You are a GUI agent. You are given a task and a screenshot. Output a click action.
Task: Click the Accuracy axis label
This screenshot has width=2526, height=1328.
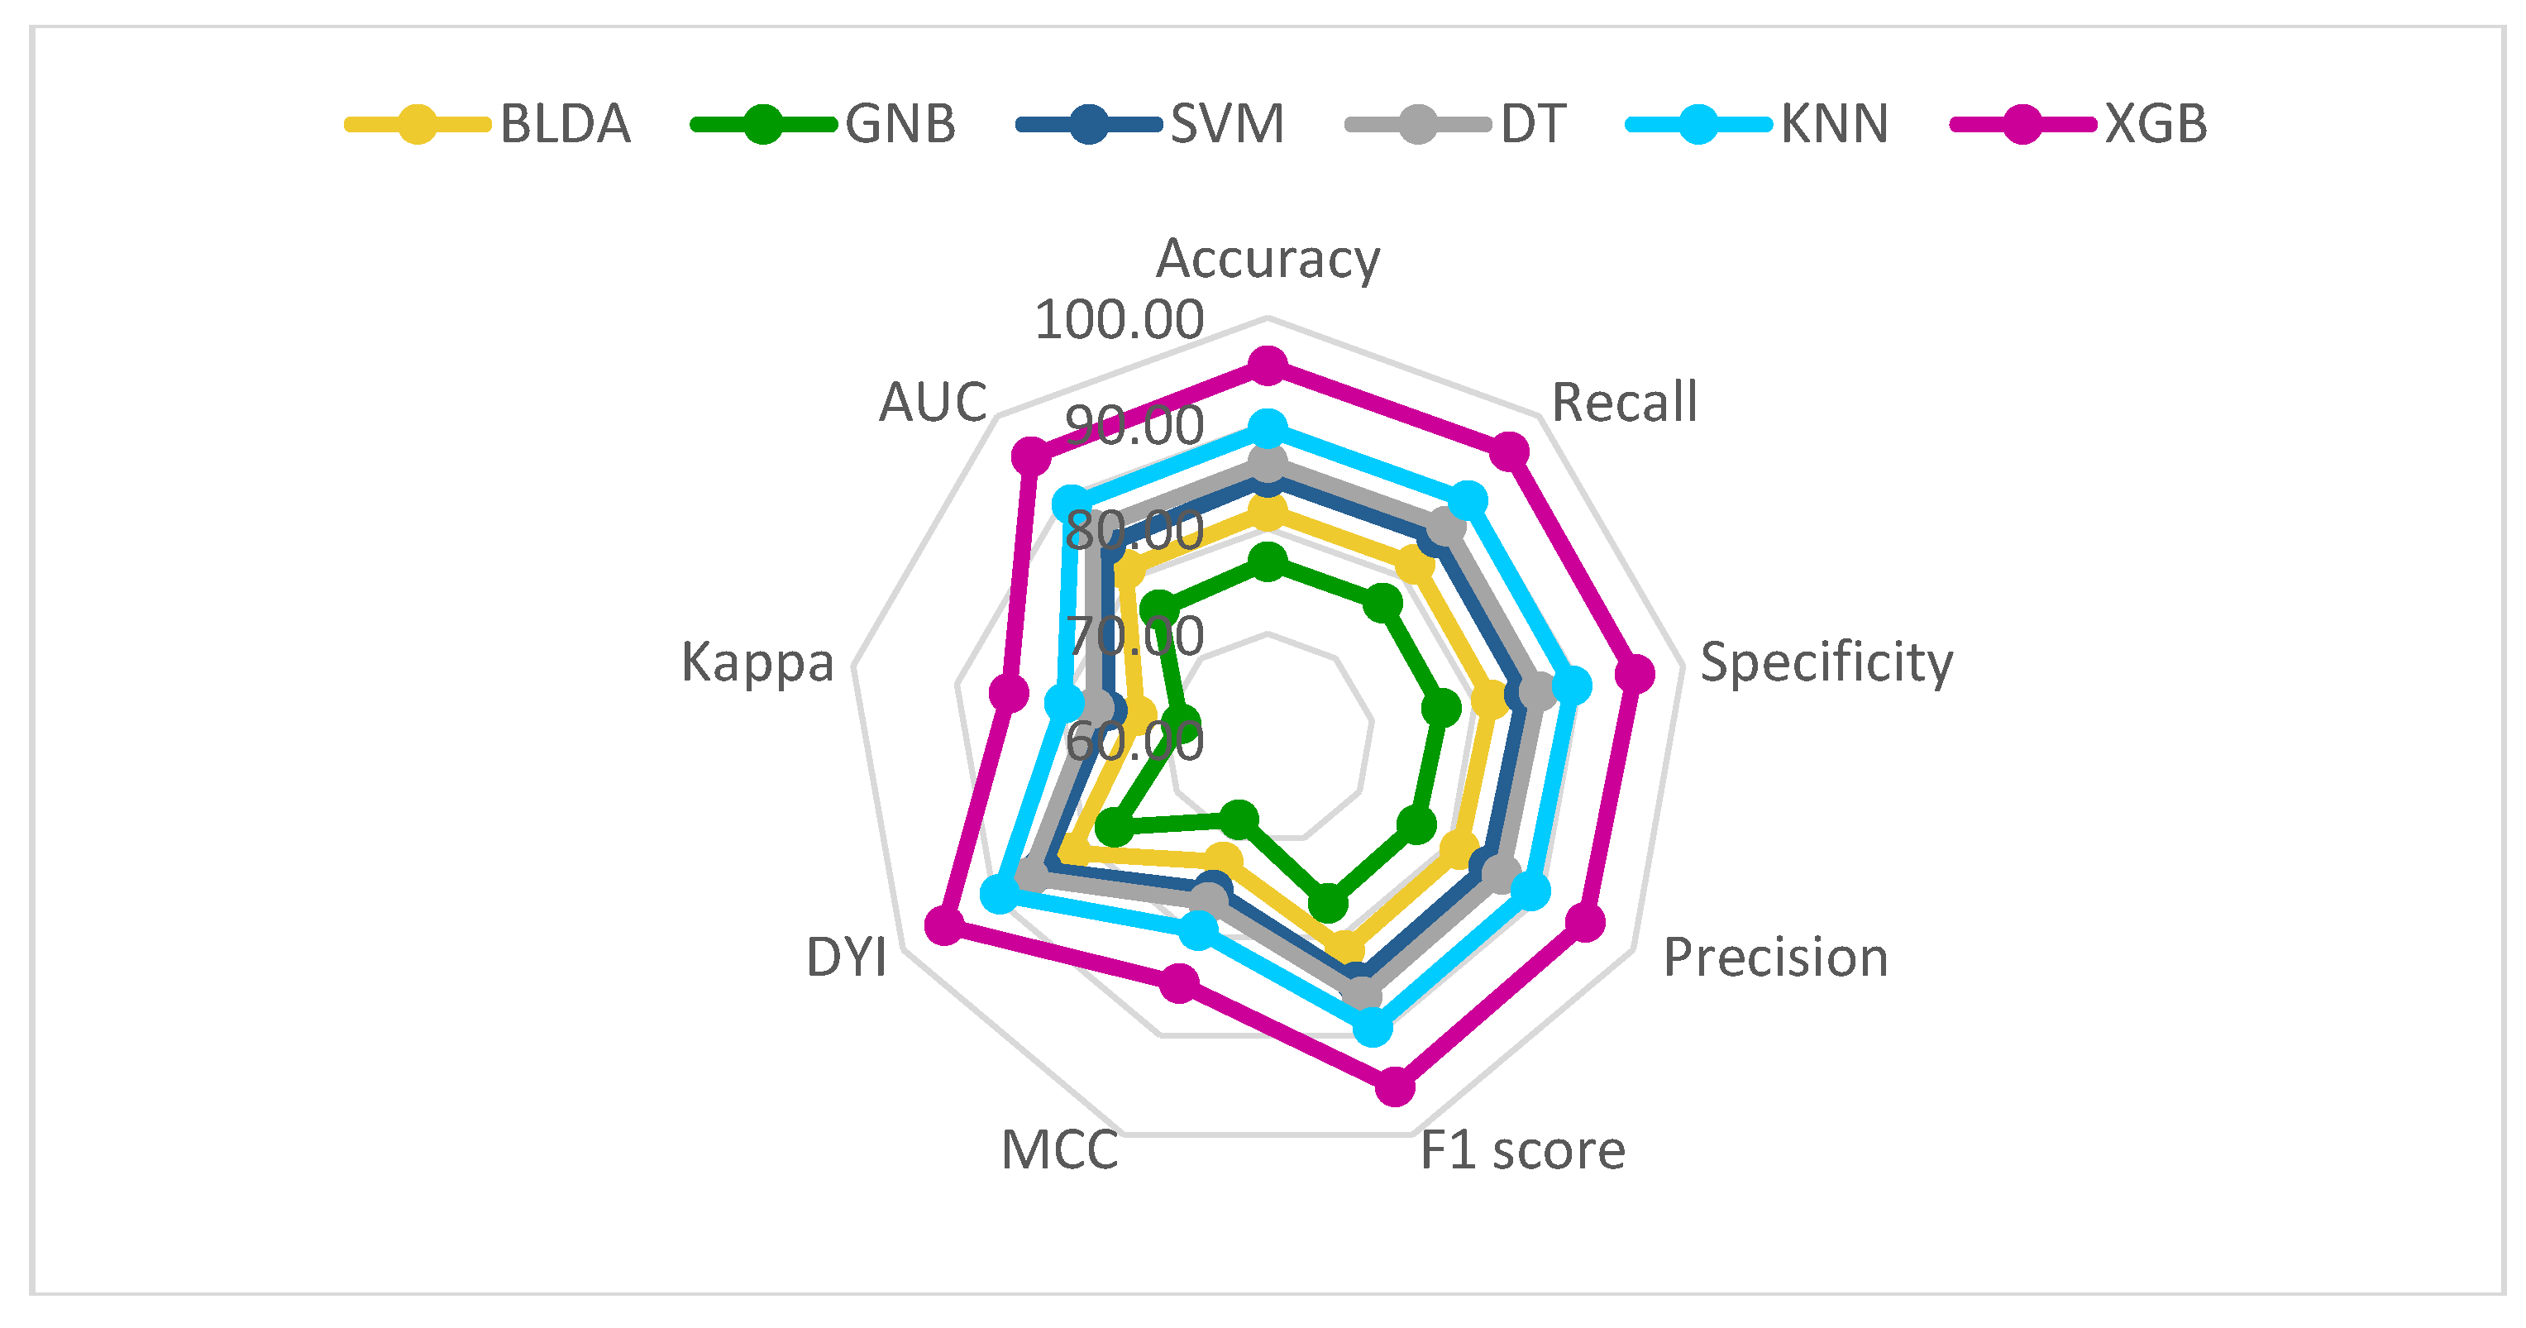pos(1268,259)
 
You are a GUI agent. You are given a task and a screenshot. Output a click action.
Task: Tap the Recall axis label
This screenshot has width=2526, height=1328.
pos(1625,402)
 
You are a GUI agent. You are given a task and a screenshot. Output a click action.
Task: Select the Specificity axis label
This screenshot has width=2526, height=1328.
pos(1826,662)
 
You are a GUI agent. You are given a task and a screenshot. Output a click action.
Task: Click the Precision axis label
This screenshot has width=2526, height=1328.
pos(1776,958)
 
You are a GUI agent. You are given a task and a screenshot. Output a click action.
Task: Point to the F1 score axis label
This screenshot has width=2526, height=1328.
pos(1522,1150)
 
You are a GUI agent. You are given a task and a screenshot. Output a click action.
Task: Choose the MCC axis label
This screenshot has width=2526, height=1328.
pos(1059,1150)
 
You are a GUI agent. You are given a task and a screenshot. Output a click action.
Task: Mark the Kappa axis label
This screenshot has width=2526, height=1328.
pos(757,662)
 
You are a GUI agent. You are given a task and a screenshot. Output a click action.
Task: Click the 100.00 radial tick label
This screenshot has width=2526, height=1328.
pos(1119,320)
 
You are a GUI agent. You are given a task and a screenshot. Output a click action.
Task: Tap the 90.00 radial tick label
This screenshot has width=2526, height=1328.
pos(1134,426)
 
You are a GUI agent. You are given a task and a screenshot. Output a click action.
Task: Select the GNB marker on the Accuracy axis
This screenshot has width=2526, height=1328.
pos(1268,563)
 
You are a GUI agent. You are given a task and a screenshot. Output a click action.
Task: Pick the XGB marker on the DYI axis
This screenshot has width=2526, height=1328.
pos(943,926)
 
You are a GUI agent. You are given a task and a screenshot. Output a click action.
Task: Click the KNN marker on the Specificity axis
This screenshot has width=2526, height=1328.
pos(1573,686)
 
